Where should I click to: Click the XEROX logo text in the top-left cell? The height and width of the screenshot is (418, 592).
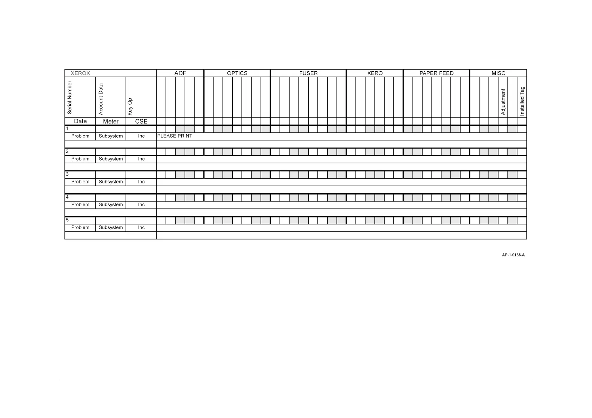point(81,73)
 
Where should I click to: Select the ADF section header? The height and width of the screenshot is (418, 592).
point(180,73)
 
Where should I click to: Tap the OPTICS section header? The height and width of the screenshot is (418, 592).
point(237,73)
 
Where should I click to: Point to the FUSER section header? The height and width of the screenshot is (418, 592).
point(308,73)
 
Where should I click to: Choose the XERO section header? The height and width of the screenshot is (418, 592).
point(375,73)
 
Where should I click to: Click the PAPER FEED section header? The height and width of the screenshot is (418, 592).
point(436,73)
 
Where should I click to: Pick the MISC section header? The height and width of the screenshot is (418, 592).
point(498,73)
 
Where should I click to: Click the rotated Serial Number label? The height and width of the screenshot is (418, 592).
point(70,98)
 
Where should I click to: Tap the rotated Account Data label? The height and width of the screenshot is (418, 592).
point(101,99)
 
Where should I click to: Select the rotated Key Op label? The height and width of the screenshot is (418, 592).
point(130,107)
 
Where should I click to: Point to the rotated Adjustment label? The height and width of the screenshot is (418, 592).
point(503,102)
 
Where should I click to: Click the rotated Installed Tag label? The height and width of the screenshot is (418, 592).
point(522,101)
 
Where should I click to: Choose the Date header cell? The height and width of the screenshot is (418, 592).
point(80,121)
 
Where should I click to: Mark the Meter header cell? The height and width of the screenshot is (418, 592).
point(110,121)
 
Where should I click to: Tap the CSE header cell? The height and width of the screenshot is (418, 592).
point(141,121)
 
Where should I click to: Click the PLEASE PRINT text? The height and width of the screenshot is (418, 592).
point(175,136)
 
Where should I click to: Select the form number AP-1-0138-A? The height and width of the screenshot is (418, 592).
point(513,255)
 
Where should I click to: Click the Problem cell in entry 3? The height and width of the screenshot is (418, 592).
point(80,182)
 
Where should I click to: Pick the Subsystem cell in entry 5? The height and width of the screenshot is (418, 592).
point(110,227)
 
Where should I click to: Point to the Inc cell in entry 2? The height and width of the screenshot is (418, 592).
point(141,159)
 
